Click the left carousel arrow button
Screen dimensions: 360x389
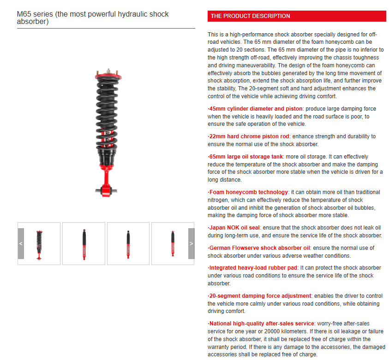[x=21, y=243]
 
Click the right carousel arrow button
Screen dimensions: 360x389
[x=191, y=243]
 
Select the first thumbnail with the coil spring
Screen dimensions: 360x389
[x=39, y=244]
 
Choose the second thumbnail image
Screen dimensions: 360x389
[x=84, y=243]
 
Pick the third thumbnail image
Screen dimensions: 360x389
[x=128, y=243]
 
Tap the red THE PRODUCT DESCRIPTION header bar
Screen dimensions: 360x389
[x=297, y=16]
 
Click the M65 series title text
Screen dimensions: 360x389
[x=93, y=18]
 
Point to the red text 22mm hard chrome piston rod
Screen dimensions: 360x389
[x=249, y=136]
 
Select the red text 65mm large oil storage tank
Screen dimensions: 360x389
[x=246, y=157]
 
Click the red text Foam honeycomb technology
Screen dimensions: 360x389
[x=248, y=192]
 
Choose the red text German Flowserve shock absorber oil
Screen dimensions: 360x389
[x=260, y=248]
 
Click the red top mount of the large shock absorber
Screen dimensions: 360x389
[x=108, y=75]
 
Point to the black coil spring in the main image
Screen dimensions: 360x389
[x=107, y=115]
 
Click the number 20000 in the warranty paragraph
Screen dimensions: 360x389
[x=279, y=331]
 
